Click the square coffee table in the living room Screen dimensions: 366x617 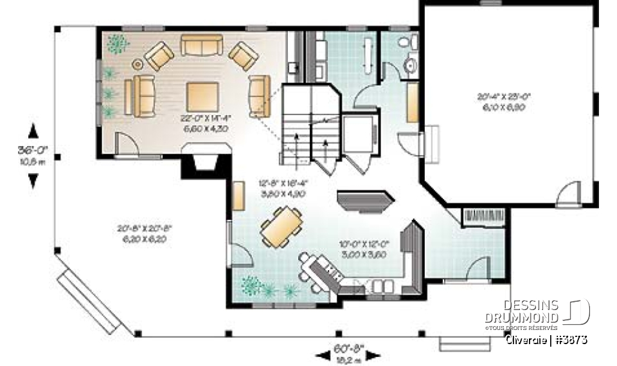[x=202, y=96]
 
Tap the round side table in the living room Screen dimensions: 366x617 [x=138, y=64]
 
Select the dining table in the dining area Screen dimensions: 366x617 [x=282, y=226]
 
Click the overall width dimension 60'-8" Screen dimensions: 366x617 [x=347, y=350]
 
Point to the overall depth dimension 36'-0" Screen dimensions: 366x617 [x=32, y=154]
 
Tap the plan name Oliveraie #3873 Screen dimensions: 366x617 [x=546, y=339]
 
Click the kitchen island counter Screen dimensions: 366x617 [x=364, y=200]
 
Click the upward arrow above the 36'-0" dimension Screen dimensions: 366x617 [x=33, y=131]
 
